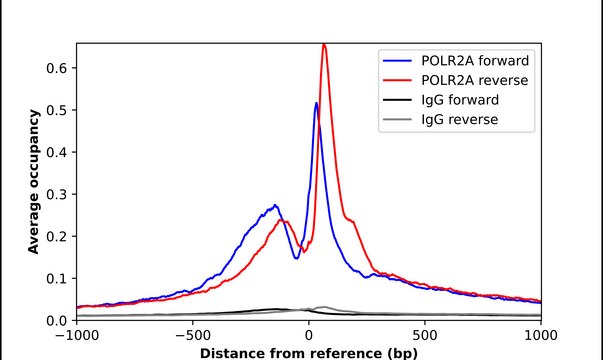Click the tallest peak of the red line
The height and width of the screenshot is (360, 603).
(x=324, y=45)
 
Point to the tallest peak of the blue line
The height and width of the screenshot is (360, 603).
(x=316, y=103)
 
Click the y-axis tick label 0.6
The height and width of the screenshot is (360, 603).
(x=57, y=67)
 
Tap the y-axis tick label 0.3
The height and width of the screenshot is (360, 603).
(x=57, y=194)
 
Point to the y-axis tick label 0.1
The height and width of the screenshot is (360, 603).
(x=57, y=278)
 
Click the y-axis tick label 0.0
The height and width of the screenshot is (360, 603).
(x=57, y=320)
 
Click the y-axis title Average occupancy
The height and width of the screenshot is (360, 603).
(x=34, y=182)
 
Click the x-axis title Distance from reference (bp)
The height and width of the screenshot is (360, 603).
(x=309, y=352)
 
